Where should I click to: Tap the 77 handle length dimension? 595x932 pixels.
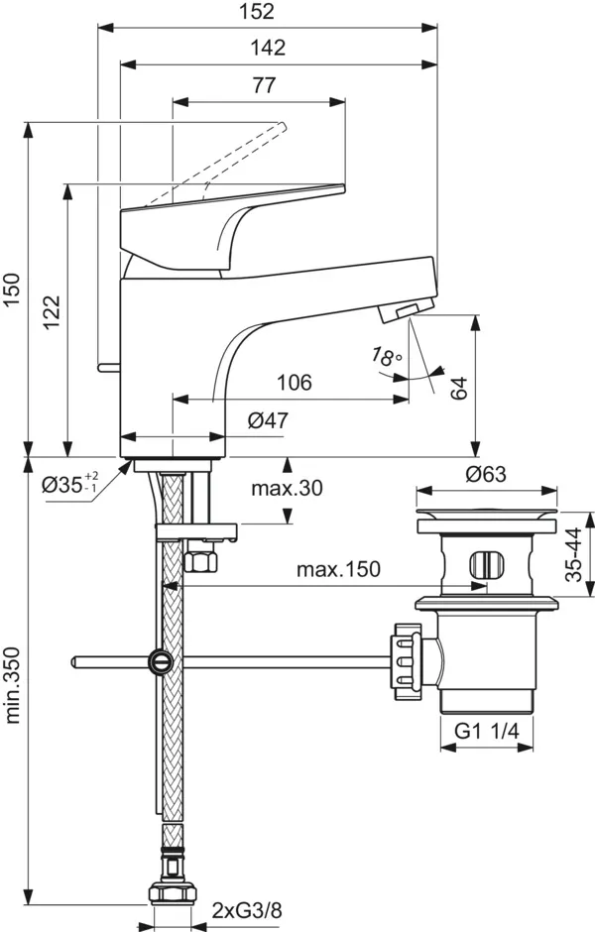tap(262, 85)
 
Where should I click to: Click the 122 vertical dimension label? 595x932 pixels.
tap(52, 315)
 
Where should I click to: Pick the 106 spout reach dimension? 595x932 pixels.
tap(295, 383)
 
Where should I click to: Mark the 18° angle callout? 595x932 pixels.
tap(386, 357)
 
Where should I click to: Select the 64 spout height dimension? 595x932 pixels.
tap(459, 386)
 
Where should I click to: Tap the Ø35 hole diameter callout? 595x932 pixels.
tap(69, 485)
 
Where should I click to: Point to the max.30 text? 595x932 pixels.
tap(287, 488)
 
